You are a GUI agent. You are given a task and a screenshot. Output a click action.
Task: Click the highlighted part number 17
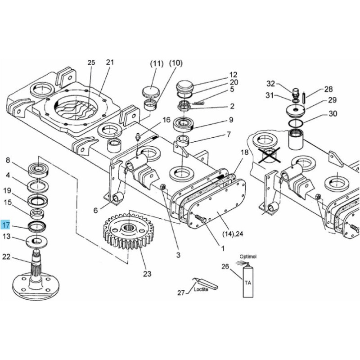coord(5,225)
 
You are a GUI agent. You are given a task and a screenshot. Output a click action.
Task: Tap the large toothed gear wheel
coord(128,231)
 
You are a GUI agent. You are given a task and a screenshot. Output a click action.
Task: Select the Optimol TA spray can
coord(248,281)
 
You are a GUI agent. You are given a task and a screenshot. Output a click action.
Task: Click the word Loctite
coord(201,289)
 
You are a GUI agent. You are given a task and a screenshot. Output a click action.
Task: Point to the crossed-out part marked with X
coord(269,155)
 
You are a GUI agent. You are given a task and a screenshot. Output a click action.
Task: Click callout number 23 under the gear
coord(147,274)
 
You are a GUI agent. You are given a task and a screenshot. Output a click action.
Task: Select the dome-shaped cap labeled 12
coord(184,87)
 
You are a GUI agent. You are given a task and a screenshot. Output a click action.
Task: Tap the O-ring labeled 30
coord(296,123)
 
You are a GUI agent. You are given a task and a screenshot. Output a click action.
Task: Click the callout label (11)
coord(157,63)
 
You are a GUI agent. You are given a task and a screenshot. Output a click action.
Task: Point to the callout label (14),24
coord(233,234)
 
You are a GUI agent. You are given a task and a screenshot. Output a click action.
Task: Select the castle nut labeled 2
coord(184,106)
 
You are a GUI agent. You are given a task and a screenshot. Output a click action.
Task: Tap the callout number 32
coord(271,84)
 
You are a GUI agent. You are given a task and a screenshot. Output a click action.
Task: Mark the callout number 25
coord(91,63)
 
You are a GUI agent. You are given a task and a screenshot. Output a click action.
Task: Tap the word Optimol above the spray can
coord(248,256)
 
